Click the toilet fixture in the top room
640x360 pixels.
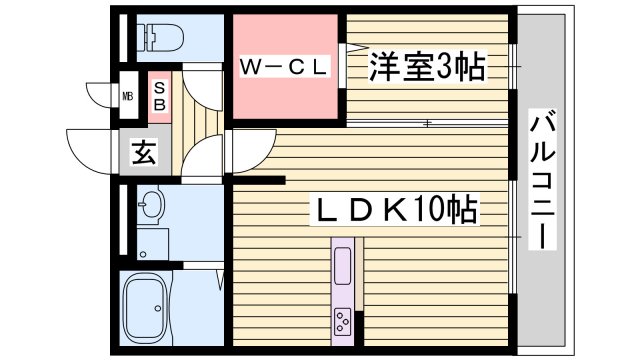(x=160, y=38)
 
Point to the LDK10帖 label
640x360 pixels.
(x=394, y=211)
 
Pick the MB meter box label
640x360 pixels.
(x=128, y=97)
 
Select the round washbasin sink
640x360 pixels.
(x=152, y=206)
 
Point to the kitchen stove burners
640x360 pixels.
(x=343, y=322)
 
